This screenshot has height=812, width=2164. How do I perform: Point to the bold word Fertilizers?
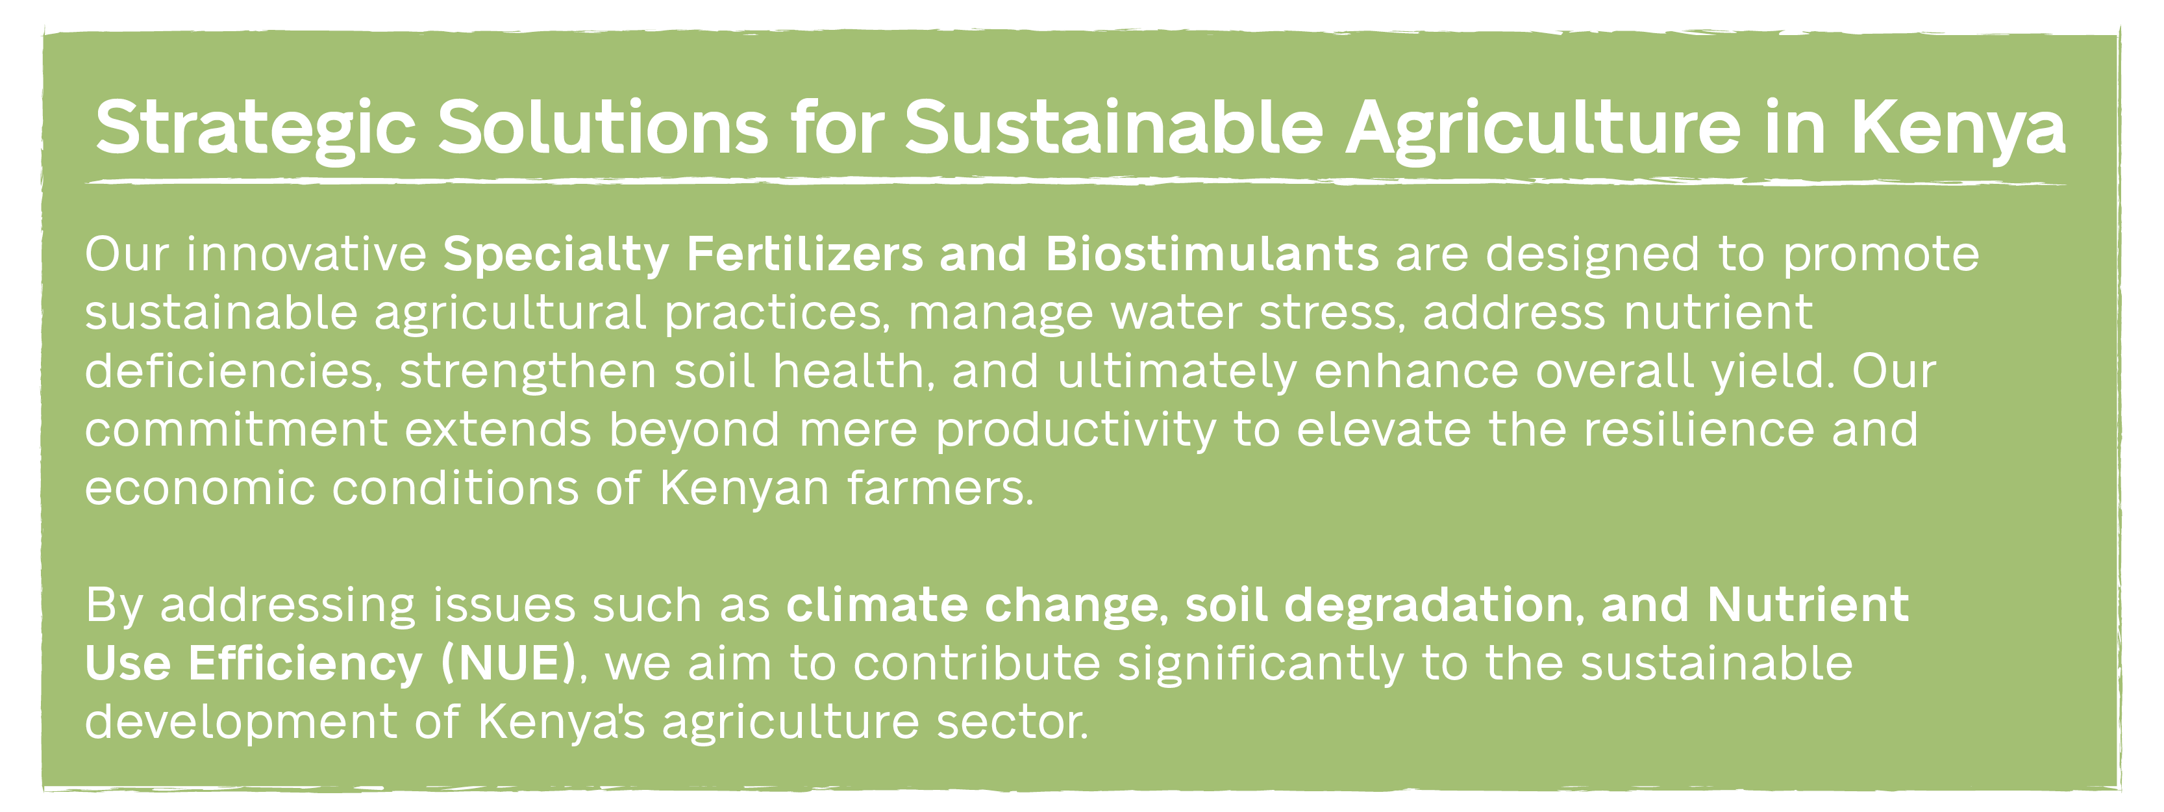click(x=805, y=254)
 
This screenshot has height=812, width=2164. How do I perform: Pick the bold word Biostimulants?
click(x=1212, y=254)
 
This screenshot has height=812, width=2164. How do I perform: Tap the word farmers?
click(x=940, y=488)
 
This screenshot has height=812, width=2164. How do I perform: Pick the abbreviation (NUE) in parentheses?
click(x=509, y=664)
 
